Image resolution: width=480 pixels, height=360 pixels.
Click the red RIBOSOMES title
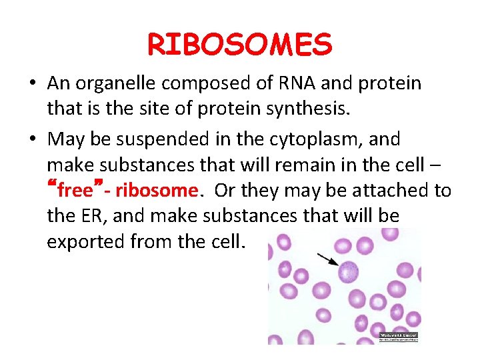[x=239, y=45]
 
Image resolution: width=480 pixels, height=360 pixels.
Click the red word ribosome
[x=157, y=191]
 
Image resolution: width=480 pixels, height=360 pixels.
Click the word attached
[x=391, y=191]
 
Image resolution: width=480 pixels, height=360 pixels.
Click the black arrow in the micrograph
[x=326, y=259]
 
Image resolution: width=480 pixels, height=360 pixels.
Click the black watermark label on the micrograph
[x=398, y=337]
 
